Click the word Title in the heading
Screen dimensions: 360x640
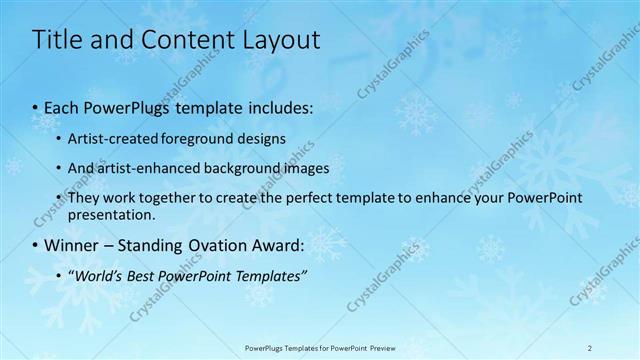(58, 40)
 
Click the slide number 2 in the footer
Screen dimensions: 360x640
(590, 347)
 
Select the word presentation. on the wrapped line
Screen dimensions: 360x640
(112, 214)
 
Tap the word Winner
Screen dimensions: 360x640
(71, 244)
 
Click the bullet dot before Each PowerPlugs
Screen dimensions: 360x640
(37, 105)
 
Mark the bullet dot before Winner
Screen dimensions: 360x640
(37, 244)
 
